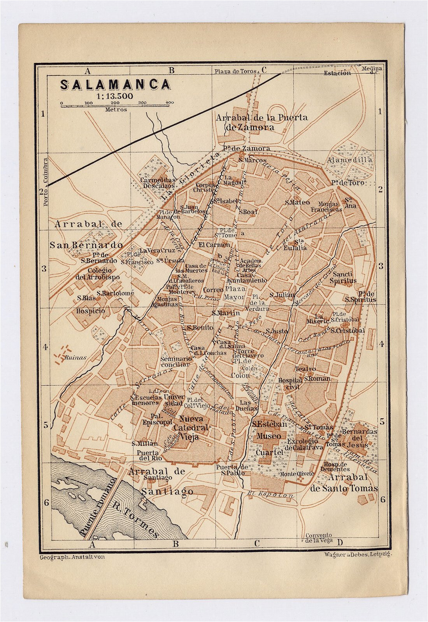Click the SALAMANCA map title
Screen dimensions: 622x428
115,85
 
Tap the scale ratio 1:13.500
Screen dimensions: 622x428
115,96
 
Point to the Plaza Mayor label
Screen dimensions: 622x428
235,293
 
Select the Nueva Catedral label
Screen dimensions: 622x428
191,419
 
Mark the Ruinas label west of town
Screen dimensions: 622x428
75,358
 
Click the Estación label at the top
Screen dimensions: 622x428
337,73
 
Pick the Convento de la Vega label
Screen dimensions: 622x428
319,538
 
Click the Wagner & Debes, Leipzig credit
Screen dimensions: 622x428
357,554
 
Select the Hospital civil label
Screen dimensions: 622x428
290,383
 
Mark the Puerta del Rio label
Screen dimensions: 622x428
147,455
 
